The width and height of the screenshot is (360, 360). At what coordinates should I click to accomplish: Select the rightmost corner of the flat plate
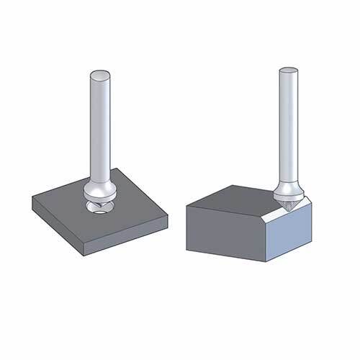pyautogui.click(x=168, y=213)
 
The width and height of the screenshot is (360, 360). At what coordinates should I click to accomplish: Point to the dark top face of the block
pyautogui.click(x=234, y=198)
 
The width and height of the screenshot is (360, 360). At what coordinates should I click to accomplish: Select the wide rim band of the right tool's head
pyautogui.click(x=287, y=191)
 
